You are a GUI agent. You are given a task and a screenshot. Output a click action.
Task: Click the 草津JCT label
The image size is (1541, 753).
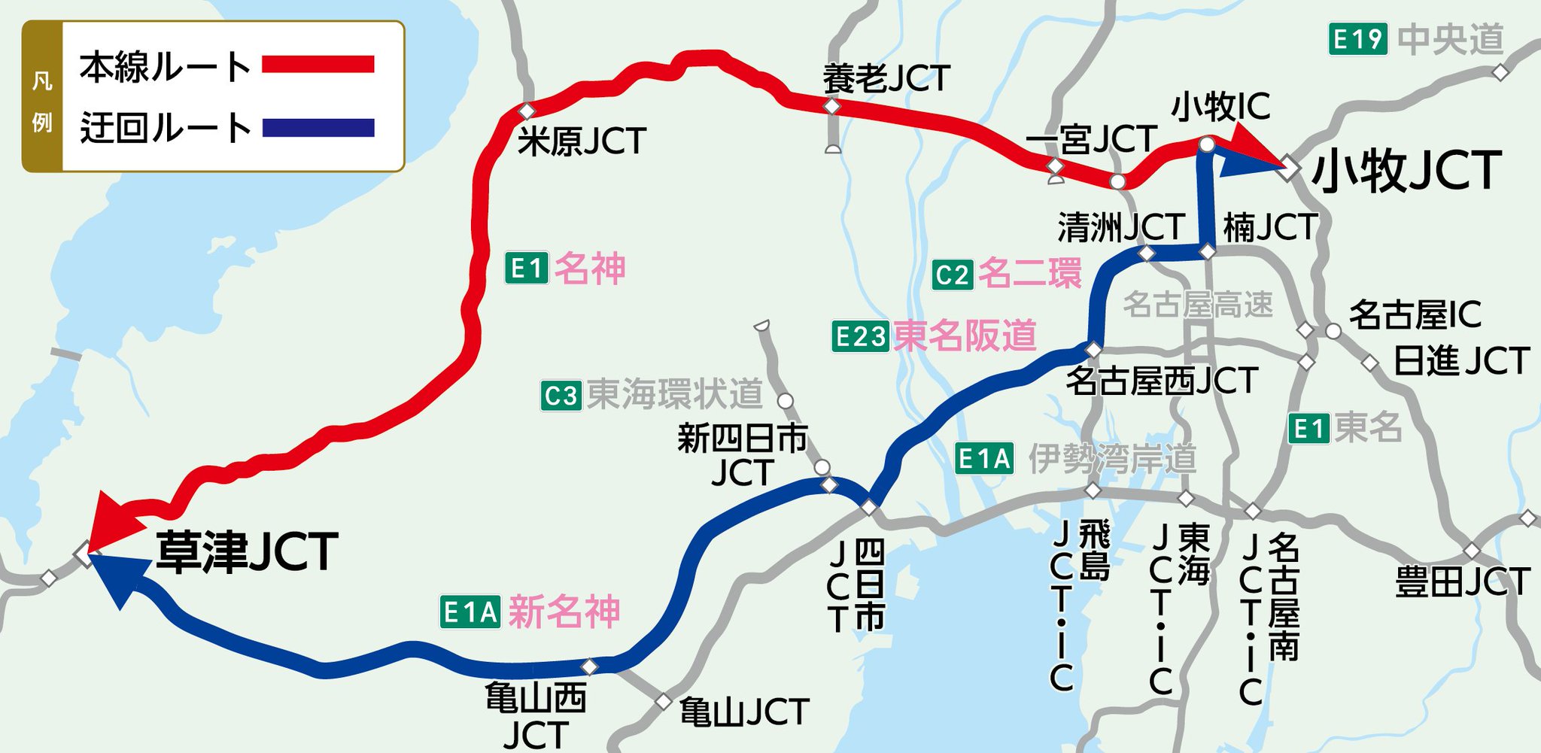click(x=247, y=552)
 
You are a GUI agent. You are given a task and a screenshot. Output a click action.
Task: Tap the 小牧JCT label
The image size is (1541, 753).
click(x=1406, y=172)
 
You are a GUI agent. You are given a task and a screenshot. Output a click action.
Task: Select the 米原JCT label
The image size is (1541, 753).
click(x=582, y=141)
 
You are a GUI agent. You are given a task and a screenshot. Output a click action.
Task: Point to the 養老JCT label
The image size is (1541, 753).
click(x=886, y=79)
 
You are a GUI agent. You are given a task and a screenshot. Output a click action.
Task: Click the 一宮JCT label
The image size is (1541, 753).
click(x=1091, y=140)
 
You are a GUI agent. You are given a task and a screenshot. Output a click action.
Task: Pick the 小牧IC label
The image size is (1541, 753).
click(x=1220, y=107)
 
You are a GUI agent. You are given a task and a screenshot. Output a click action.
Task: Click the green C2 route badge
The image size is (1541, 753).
click(x=953, y=275)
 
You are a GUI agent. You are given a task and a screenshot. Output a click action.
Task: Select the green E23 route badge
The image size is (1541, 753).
click(x=860, y=336)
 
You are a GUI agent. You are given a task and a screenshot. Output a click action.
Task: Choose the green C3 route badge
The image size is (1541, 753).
click(x=561, y=396)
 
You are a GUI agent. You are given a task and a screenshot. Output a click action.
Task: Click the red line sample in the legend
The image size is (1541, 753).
click(x=318, y=65)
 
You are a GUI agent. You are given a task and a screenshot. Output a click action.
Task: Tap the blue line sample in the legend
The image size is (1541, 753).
click(x=318, y=128)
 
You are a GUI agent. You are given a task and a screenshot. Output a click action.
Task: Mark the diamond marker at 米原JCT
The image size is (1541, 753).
click(x=527, y=111)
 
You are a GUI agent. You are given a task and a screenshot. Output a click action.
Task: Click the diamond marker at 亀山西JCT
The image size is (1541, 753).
click(x=590, y=666)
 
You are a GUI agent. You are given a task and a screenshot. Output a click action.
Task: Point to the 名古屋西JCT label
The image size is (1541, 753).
click(x=1162, y=381)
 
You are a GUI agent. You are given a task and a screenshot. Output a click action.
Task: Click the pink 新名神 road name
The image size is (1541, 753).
click(x=564, y=612)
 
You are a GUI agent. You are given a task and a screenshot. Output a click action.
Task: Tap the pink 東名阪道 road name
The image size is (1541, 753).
click(x=965, y=336)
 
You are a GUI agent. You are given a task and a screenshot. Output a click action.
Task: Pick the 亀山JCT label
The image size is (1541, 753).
click(x=743, y=712)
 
